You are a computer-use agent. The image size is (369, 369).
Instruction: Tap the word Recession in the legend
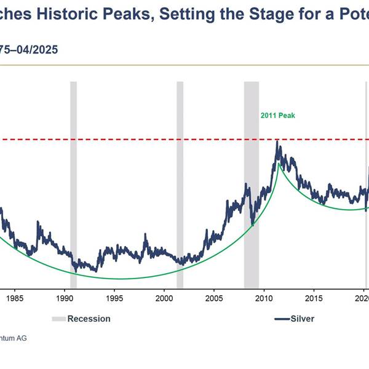[x=89, y=319]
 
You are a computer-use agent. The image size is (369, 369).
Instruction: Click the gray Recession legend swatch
[x=58, y=319]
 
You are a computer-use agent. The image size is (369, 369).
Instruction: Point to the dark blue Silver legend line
[x=282, y=319]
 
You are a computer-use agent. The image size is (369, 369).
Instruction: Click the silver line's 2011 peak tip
[x=278, y=141]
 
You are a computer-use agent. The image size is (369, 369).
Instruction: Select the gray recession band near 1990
[x=73, y=184]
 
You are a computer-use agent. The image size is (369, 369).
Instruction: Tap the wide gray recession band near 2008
[x=252, y=184]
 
